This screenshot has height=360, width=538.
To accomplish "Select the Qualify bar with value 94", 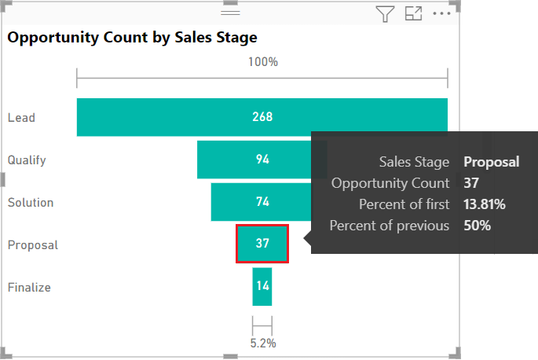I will point(251,160).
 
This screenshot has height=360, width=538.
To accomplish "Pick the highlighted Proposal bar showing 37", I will point(262,244).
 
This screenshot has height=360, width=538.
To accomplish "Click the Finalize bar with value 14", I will point(262,287).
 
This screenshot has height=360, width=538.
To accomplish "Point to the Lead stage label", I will point(21,118).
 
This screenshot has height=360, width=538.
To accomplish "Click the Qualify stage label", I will point(27,160).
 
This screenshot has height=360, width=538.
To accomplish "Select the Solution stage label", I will point(31,203).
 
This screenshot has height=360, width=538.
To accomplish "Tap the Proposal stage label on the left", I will point(33,245).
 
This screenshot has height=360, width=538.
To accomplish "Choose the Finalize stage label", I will point(29,288).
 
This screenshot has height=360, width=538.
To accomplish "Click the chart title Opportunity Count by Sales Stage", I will point(133,37).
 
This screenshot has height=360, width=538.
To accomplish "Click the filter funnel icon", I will point(384,13).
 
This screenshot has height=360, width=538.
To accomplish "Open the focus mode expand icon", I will point(413,13).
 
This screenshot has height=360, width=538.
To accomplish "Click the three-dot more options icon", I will point(442,13).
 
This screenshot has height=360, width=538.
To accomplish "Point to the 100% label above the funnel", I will point(262,61).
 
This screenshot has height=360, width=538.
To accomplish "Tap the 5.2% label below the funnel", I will point(262,343).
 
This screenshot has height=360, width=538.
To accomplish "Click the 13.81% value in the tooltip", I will point(484,204).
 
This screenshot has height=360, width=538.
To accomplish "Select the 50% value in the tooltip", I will point(477,226).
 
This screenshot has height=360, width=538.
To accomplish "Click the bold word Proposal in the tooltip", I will point(491,162).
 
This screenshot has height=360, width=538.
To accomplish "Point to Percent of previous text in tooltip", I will point(389,226).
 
